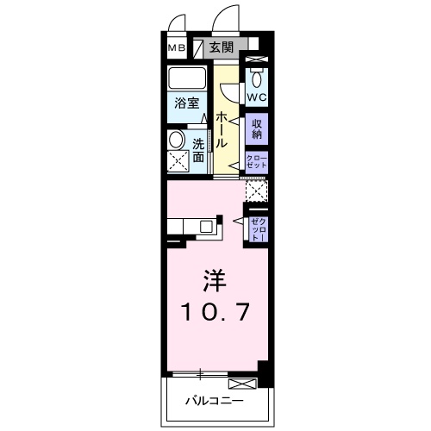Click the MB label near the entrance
click(x=176, y=47)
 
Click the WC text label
click(x=257, y=97)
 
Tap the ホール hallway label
click(x=222, y=128)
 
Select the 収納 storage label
click(x=257, y=128)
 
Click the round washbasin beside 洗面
click(x=177, y=140)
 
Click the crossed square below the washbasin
click(x=178, y=161)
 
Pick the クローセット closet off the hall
click(x=257, y=162)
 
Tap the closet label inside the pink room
click(x=257, y=228)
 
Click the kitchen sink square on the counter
click(x=207, y=228)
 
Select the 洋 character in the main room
click(x=215, y=282)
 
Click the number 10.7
click(x=215, y=312)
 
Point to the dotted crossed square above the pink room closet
click(x=257, y=190)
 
